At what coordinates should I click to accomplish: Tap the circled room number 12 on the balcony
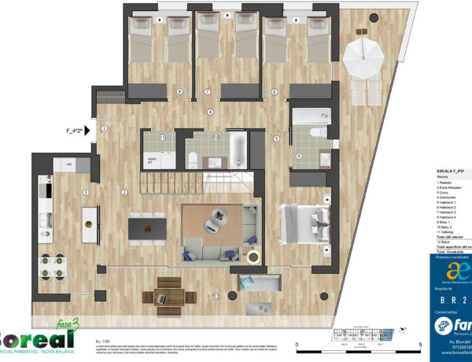(216, 297)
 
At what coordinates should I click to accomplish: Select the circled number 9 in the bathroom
(299, 156)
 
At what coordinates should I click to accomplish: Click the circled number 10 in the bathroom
(215, 137)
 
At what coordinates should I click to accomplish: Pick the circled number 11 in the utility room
(162, 138)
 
